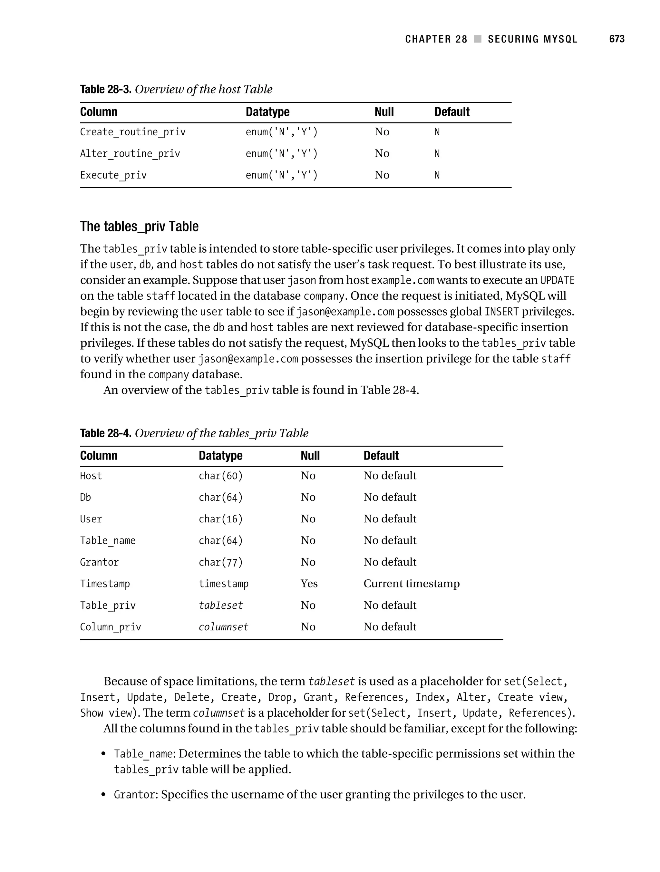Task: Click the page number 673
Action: tap(616, 39)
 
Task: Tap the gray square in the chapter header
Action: tap(478, 39)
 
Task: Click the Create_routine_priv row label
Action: tap(132, 132)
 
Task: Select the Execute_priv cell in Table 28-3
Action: tap(113, 175)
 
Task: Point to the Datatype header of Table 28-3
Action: tap(267, 112)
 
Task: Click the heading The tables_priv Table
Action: tap(139, 227)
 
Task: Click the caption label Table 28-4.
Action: tap(105, 433)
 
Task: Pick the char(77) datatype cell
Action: tap(220, 562)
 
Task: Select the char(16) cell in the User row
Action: tap(220, 519)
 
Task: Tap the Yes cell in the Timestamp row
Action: tap(309, 584)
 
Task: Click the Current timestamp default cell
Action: tap(411, 584)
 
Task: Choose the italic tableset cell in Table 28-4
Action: tap(220, 605)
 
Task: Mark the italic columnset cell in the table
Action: tap(223, 627)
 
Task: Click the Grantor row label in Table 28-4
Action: tap(99, 562)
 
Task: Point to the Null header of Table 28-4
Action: tap(310, 456)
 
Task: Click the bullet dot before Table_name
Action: tap(103, 754)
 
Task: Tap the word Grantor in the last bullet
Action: tap(134, 794)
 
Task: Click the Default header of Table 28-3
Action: tap(451, 112)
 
